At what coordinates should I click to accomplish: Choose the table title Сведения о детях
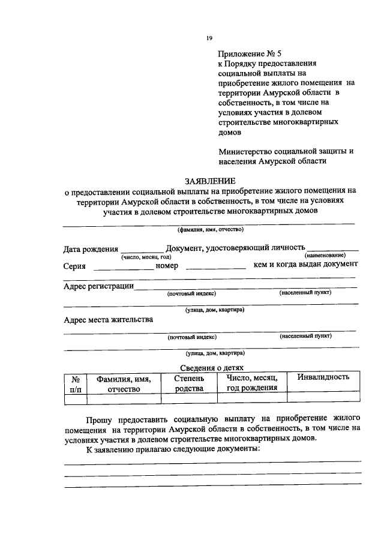[x=209, y=368]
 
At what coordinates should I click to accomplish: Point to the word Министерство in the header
[x=245, y=151]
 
